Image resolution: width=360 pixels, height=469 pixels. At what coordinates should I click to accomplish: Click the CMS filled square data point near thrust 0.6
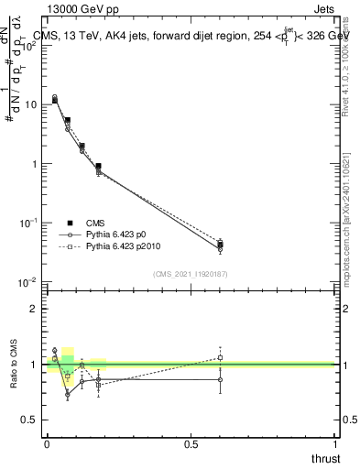click(220, 245)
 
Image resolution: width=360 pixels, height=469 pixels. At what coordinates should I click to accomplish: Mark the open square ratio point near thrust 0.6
click(220, 358)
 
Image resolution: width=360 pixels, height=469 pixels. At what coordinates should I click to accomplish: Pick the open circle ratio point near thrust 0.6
click(220, 379)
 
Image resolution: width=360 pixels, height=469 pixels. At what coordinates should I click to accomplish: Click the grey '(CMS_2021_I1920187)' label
click(190, 273)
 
